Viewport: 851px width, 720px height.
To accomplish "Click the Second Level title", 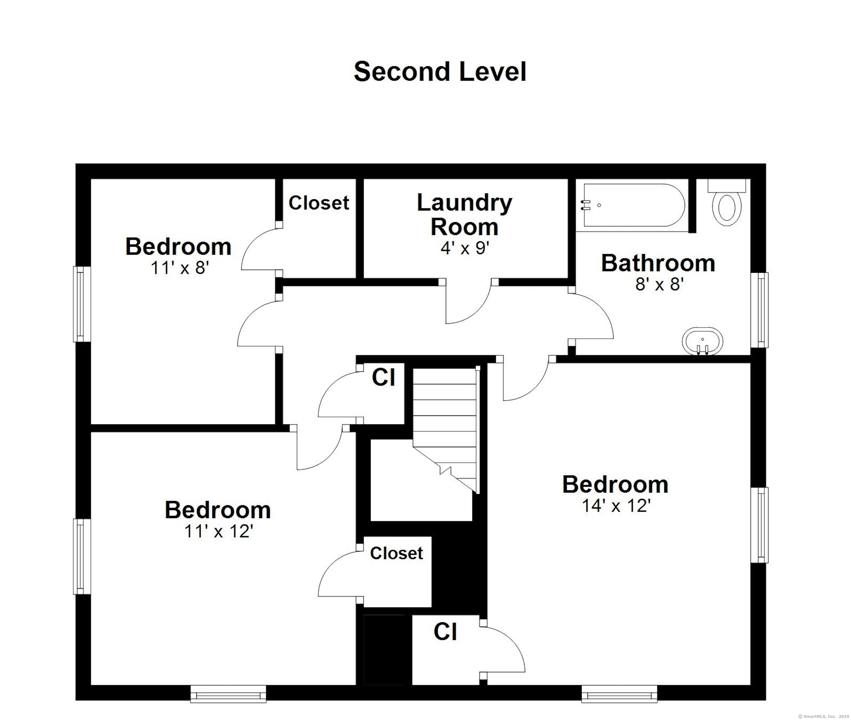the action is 440,72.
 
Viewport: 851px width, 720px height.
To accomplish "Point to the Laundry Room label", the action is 465,215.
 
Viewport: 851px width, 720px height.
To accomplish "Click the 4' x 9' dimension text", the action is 465,248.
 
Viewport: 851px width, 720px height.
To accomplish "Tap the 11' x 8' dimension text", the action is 180,268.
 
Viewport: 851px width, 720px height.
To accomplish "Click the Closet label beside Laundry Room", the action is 319,203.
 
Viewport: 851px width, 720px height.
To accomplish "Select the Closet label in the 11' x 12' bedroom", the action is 396,553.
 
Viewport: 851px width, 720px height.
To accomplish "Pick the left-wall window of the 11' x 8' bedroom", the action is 82,304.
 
